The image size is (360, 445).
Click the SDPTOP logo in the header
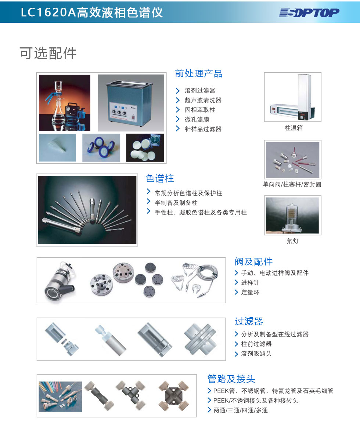coord(309,13)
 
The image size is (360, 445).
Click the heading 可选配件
coord(48,53)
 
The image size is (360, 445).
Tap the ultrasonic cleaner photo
coord(131,103)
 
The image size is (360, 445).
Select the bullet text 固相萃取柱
coord(200,110)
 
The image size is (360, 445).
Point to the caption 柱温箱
coord(294,128)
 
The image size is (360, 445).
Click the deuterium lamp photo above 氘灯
coord(292,216)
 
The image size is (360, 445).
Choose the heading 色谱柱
coord(160,179)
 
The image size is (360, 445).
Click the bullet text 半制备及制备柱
coord(176,203)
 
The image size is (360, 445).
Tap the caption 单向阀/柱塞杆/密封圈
coord(292,184)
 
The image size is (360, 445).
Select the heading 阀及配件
coord(254,261)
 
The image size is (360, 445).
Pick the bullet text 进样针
coord(250,283)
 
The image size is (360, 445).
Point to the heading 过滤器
coord(249,322)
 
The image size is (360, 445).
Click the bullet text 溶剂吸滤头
coord(256,354)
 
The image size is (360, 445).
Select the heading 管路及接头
coord(231,379)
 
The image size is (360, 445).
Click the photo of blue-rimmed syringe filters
coord(101,148)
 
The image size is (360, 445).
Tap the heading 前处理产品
coord(199,74)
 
